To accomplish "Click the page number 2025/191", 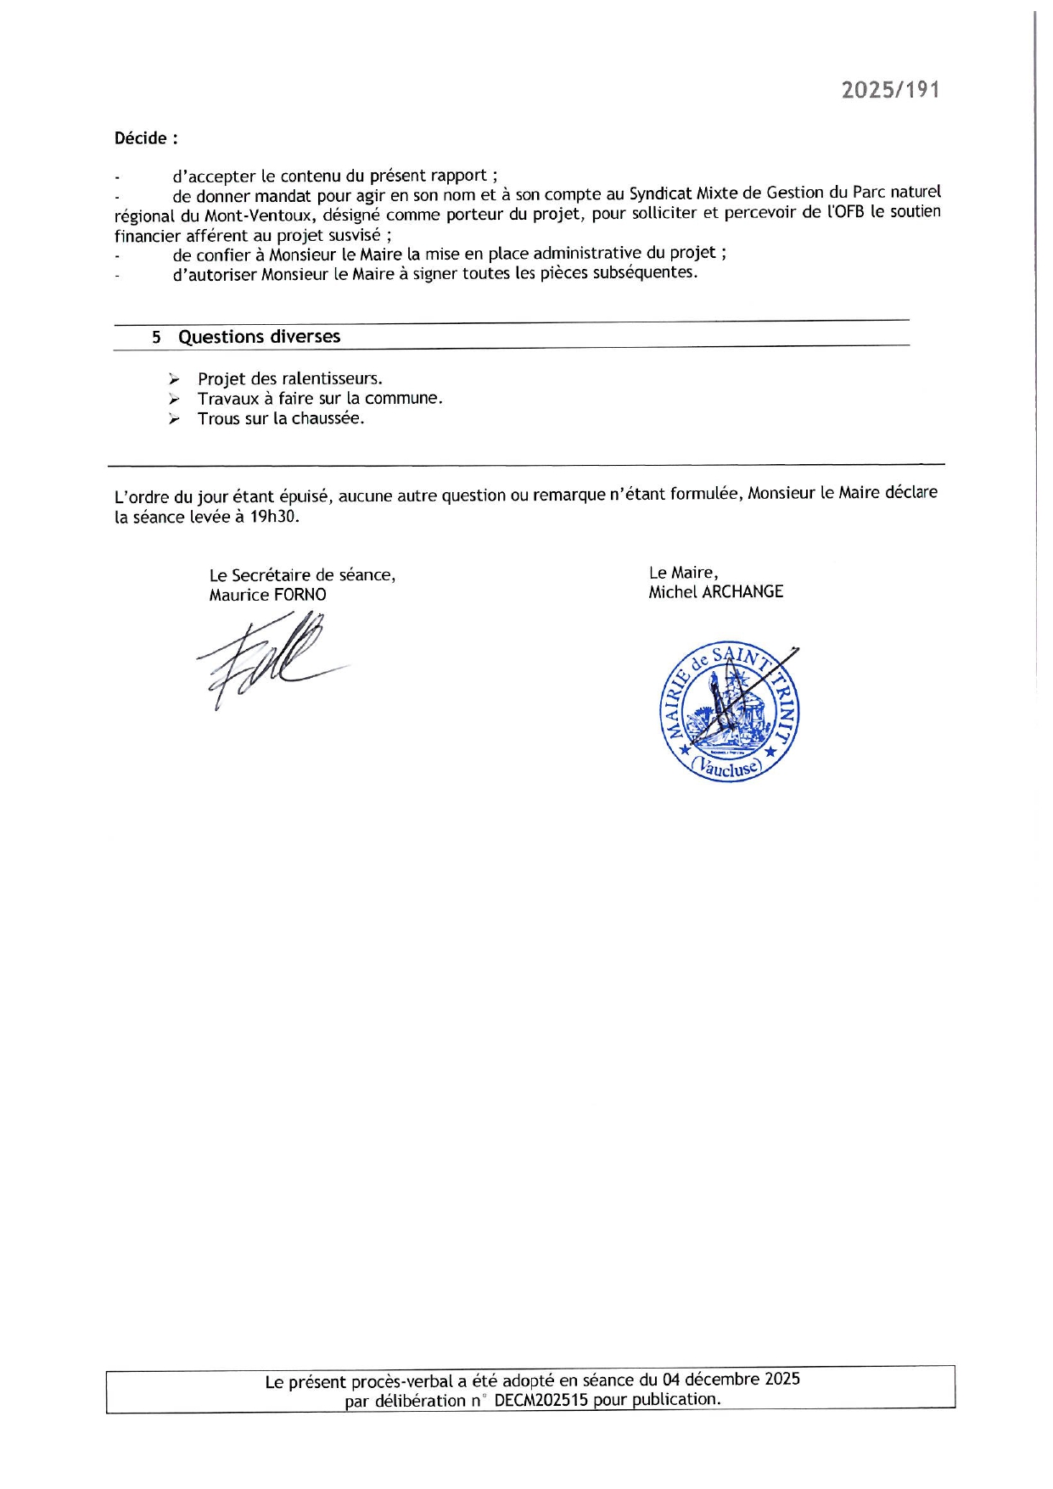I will (x=890, y=90).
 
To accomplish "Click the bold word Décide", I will (x=142, y=138).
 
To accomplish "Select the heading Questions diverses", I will (x=259, y=337).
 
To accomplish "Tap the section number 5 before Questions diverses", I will (x=156, y=338).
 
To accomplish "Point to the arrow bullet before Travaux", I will (x=174, y=399).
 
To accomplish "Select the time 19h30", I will (x=274, y=516).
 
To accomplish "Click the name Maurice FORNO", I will (x=267, y=595).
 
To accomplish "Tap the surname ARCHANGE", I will (x=742, y=591).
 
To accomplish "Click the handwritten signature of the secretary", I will (x=267, y=660).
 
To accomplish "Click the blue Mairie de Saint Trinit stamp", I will (x=730, y=711).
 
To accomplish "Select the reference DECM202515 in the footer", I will (x=541, y=1400).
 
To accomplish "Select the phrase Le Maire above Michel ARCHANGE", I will (x=683, y=573).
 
